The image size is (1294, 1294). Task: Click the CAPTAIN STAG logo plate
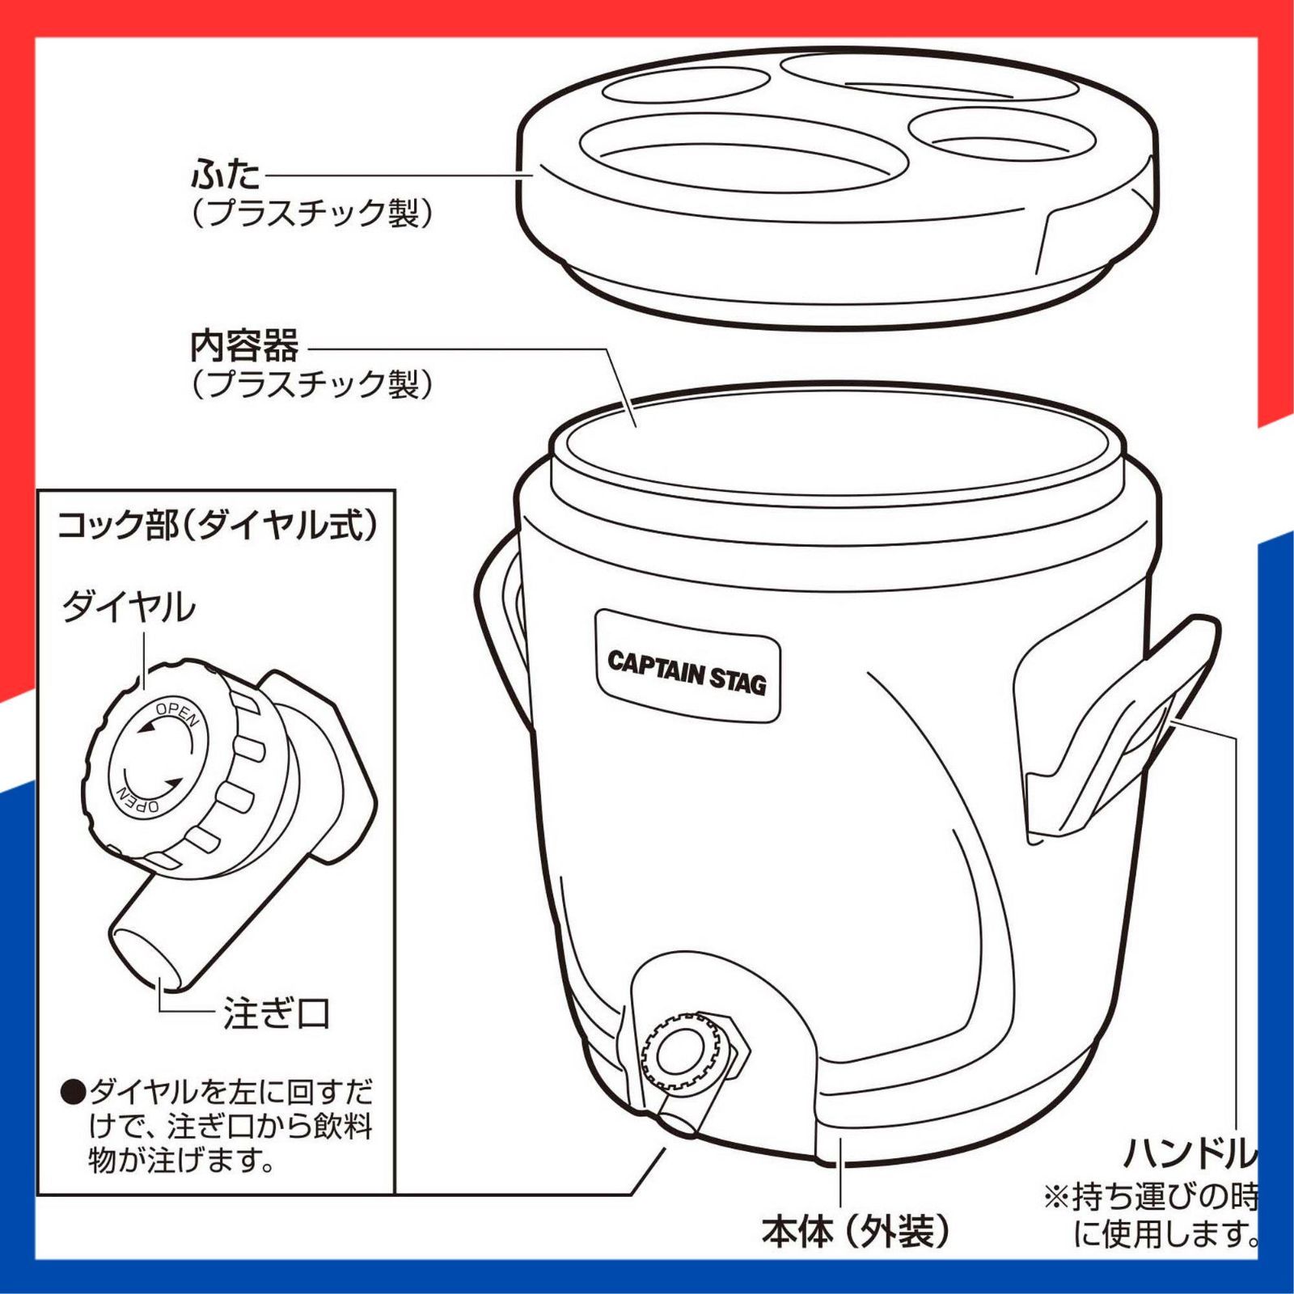pyautogui.click(x=687, y=666)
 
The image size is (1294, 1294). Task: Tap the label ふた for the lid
pyautogui.click(x=226, y=174)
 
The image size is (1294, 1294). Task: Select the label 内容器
pyautogui.click(x=244, y=346)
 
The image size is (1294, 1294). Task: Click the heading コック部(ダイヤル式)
pyautogui.click(x=217, y=526)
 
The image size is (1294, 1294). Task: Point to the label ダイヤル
pyautogui.click(x=129, y=607)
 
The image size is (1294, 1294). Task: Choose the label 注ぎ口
pyautogui.click(x=277, y=1014)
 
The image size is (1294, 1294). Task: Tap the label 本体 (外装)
pyautogui.click(x=855, y=1231)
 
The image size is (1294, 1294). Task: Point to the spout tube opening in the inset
pyautogui.click(x=146, y=958)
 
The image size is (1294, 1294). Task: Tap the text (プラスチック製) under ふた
pyautogui.click(x=312, y=213)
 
